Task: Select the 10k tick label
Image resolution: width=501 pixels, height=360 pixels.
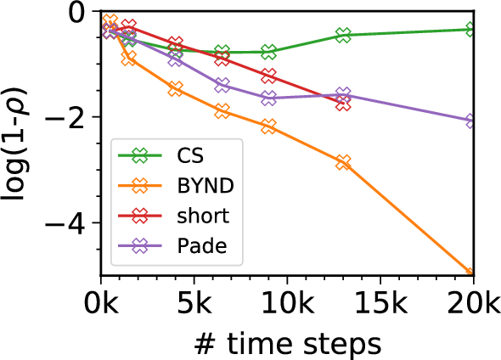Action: (x=287, y=301)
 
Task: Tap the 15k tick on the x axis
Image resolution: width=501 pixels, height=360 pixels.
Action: (x=380, y=301)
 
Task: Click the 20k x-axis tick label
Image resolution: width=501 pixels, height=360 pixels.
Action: (x=472, y=301)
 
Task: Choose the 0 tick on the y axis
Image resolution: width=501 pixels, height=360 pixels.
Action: (x=78, y=12)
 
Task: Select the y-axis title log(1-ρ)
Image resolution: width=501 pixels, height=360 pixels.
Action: (x=20, y=143)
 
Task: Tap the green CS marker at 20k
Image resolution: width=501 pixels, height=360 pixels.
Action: (x=473, y=30)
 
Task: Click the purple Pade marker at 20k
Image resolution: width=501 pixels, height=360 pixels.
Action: (x=473, y=121)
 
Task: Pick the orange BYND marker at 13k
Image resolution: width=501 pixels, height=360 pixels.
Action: (x=343, y=162)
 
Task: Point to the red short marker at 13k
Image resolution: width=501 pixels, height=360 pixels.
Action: (x=343, y=104)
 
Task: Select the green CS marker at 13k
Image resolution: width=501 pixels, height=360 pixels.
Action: (x=343, y=35)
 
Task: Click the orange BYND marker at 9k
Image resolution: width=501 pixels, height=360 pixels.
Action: (x=268, y=127)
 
